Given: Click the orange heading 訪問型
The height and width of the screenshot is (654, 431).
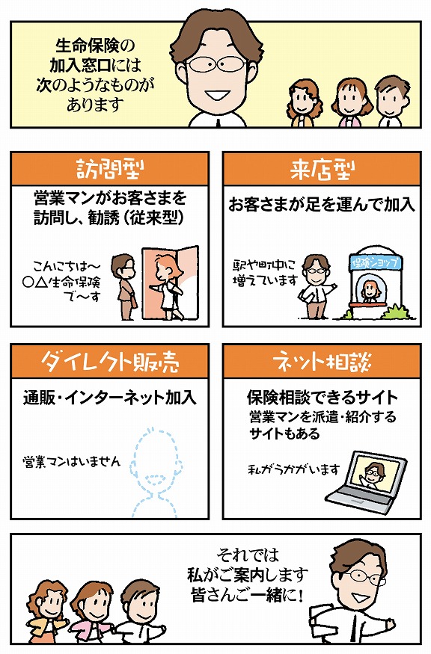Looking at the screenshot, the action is point(110,170).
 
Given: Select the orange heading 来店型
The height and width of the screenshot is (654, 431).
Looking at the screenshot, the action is point(322,170).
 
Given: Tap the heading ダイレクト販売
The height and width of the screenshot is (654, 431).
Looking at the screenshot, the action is point(110,361).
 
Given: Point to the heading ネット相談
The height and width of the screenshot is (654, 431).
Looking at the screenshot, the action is point(322,361).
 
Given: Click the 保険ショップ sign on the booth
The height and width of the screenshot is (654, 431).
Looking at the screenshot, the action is point(375,263).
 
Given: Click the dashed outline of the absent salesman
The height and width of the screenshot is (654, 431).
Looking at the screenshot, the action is point(156,472).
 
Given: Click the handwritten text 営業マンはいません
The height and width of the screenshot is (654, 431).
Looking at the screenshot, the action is point(71,461).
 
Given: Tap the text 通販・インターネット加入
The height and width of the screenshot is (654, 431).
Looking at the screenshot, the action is point(109,398).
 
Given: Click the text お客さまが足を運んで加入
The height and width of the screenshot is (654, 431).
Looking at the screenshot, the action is point(321,205).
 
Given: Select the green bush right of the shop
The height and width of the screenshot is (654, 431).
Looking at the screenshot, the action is point(394,312).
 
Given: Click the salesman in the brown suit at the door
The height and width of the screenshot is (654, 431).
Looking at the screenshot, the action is point(125,287).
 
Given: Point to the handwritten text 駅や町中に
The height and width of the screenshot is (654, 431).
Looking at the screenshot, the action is point(263,265).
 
